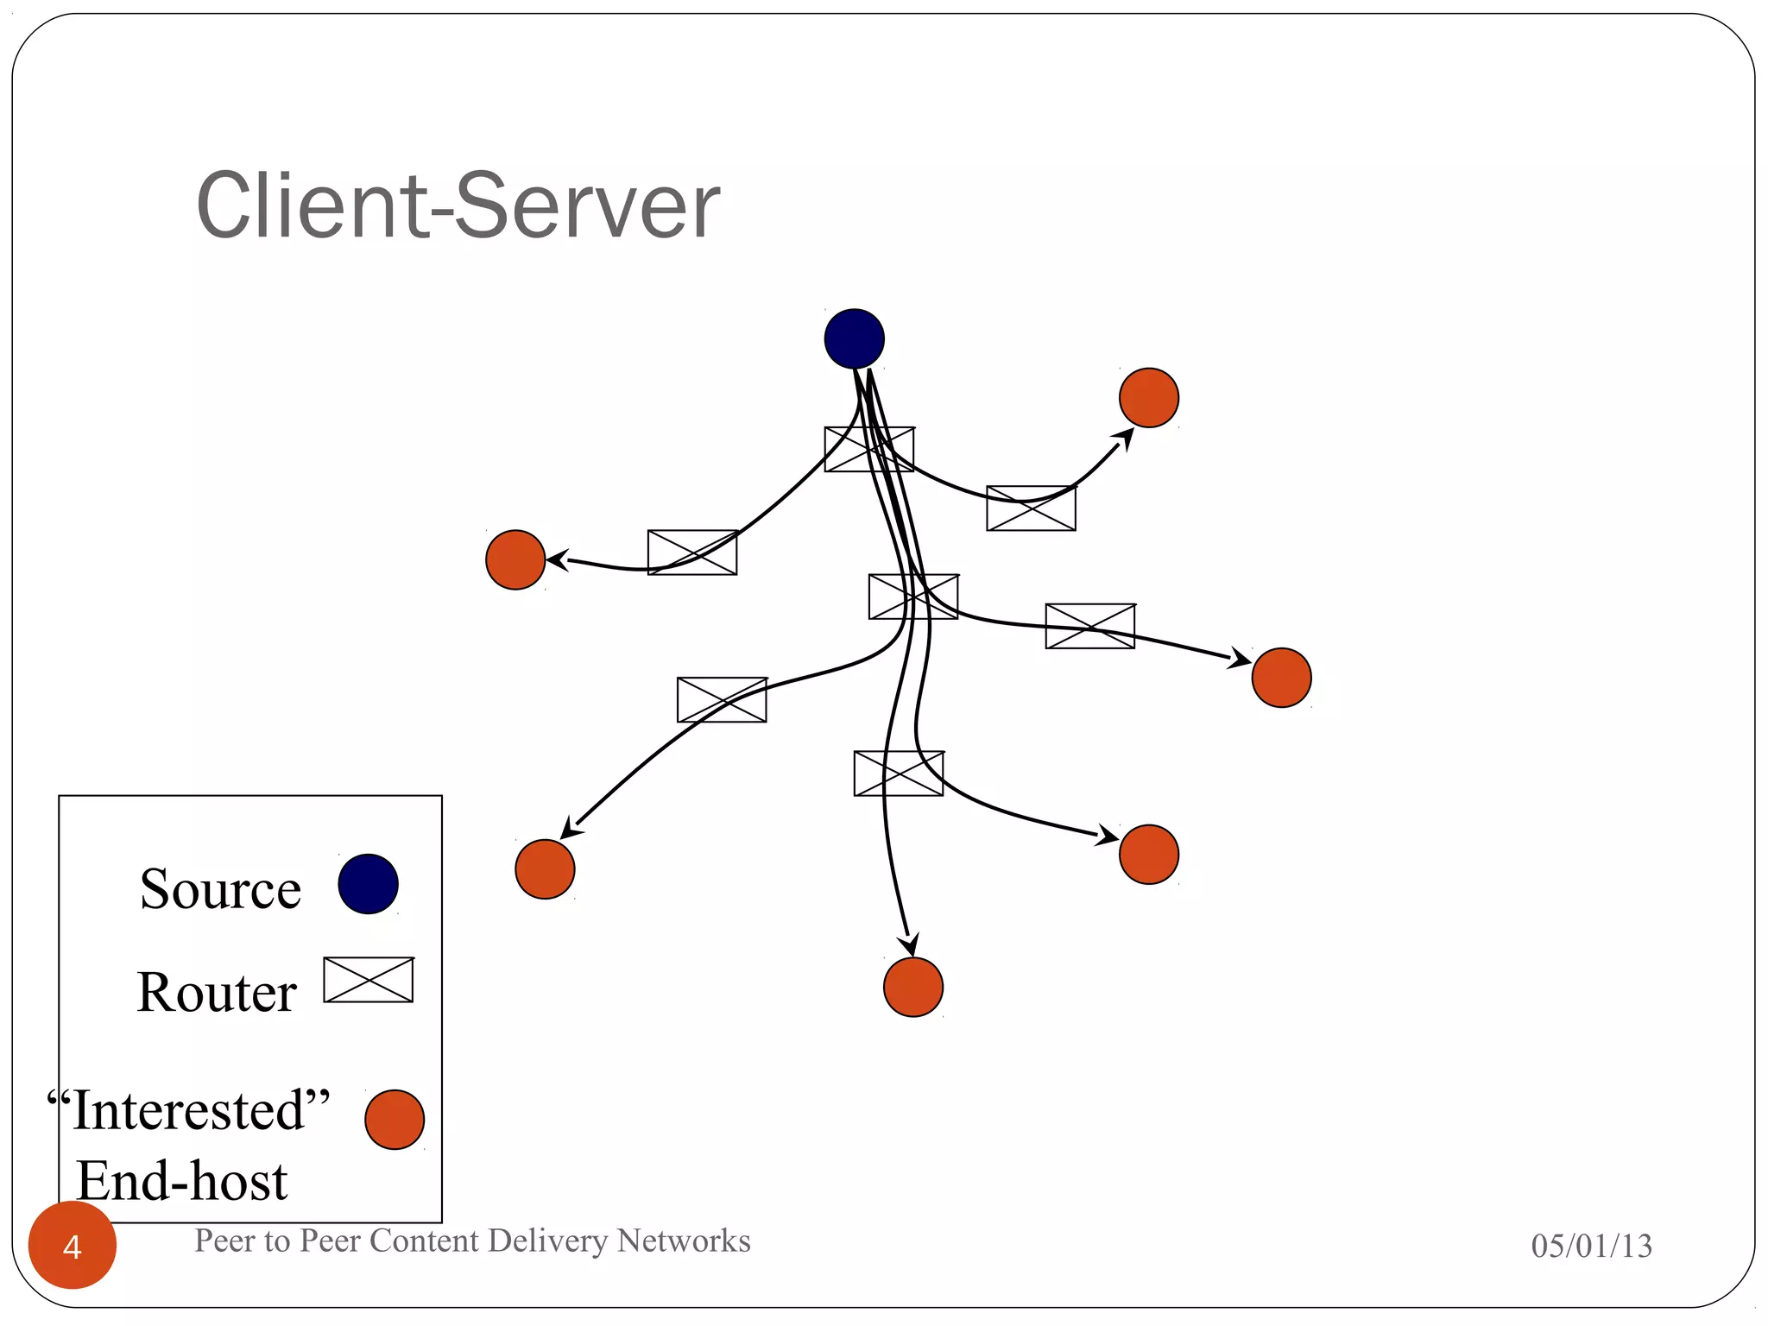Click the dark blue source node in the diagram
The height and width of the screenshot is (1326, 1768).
[854, 338]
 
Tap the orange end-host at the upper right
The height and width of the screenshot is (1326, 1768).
[1148, 398]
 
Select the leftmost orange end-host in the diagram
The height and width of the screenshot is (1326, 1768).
[515, 560]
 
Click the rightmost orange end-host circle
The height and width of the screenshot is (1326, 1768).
[1281, 678]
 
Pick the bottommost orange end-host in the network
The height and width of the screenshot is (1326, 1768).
[913, 987]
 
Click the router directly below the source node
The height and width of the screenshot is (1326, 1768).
[868, 449]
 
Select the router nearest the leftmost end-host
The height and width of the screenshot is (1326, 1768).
[692, 552]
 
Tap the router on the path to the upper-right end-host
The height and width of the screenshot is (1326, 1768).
[1031, 508]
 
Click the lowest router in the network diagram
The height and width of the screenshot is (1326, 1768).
[898, 773]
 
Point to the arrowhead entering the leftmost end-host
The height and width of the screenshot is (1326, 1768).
[557, 560]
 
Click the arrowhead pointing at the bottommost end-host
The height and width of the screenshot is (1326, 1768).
[910, 944]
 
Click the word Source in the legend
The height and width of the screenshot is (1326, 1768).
[220, 889]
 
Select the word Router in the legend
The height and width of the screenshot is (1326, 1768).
[217, 992]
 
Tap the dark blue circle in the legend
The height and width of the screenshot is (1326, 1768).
[368, 884]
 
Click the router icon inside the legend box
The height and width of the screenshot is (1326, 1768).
[369, 980]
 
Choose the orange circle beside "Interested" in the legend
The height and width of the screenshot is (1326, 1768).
[395, 1120]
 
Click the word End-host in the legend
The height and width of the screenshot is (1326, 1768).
[181, 1181]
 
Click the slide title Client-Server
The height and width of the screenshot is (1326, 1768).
[458, 205]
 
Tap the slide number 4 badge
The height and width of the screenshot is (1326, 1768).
[73, 1246]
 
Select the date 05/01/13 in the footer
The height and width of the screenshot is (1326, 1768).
[1591, 1246]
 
